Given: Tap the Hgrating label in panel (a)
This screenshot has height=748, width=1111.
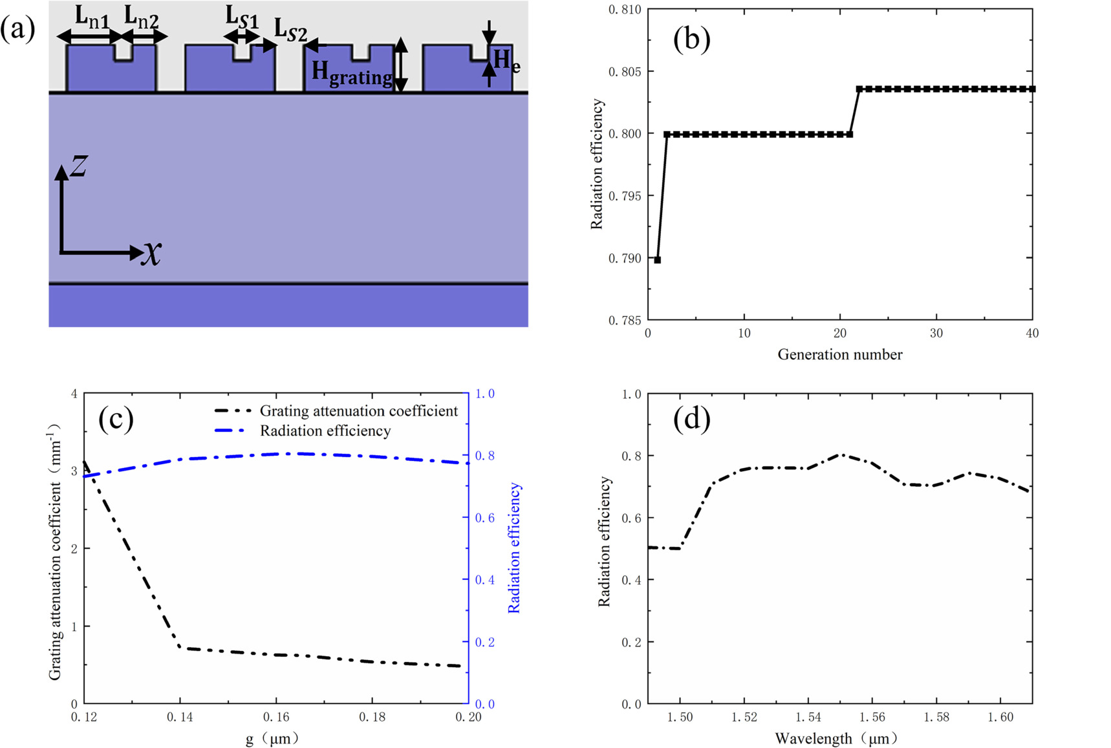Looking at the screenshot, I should [x=352, y=73].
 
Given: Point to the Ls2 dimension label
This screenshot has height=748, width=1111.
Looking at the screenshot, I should [x=290, y=30].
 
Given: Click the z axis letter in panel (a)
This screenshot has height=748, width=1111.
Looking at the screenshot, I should [x=79, y=166].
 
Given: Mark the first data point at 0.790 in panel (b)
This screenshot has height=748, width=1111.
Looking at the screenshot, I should [x=658, y=260].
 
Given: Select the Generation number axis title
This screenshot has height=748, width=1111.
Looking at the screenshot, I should [x=839, y=354].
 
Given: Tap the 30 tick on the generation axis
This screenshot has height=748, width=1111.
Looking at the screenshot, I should [x=936, y=334].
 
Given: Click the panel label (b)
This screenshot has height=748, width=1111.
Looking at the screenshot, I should [x=691, y=39].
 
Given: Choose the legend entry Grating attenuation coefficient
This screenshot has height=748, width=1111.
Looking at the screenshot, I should [x=358, y=411].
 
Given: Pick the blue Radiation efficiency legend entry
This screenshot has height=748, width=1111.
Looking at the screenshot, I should [x=325, y=431].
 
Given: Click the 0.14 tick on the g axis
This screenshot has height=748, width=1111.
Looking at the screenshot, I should [x=180, y=717].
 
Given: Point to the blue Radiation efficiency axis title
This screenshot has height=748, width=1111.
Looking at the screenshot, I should [x=514, y=548].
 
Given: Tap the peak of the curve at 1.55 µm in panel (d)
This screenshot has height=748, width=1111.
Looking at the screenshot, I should [x=840, y=455].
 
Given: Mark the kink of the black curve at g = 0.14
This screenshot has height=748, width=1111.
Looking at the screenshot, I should [x=180, y=647].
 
